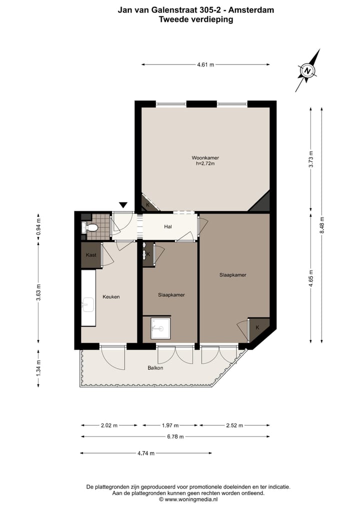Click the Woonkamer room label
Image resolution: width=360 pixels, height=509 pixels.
point(205,158)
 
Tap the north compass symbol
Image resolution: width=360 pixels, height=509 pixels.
point(307,71)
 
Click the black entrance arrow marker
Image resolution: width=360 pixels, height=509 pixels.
point(123,204)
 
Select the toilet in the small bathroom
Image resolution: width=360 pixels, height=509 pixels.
point(90,228)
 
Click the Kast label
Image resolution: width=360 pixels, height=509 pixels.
point(91,255)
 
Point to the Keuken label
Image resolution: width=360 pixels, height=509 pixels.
point(111,296)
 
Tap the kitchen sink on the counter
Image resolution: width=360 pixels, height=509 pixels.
point(88,303)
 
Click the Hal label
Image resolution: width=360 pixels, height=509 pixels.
point(168,227)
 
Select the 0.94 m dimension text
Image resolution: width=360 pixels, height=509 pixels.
point(38,226)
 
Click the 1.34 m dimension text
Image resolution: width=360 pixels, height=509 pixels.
point(38,367)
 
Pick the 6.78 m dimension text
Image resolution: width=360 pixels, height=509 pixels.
point(175,436)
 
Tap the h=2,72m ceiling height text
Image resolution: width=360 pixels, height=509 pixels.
point(205,163)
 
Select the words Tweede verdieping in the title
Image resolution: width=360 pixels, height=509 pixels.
point(195,20)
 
